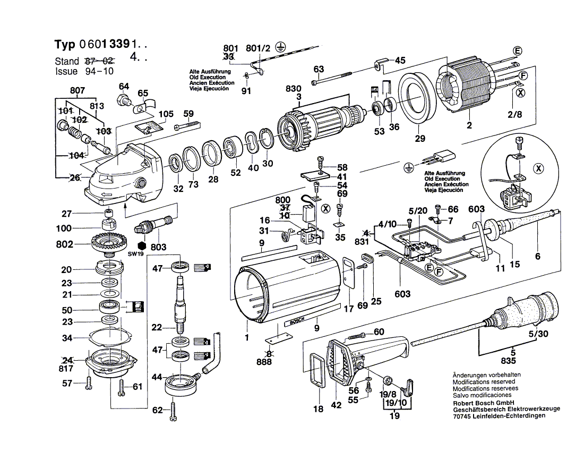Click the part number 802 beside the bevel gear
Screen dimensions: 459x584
pyautogui.click(x=64, y=245)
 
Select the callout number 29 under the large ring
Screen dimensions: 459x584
pyautogui.click(x=420, y=139)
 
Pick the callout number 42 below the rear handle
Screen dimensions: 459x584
pyautogui.click(x=336, y=405)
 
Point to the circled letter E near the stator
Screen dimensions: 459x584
pyautogui.click(x=518, y=51)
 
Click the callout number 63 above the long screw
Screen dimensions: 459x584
pyautogui.click(x=319, y=69)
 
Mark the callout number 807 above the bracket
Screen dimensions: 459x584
pyautogui.click(x=78, y=91)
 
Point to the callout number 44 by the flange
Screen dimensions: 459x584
pyautogui.click(x=157, y=377)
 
